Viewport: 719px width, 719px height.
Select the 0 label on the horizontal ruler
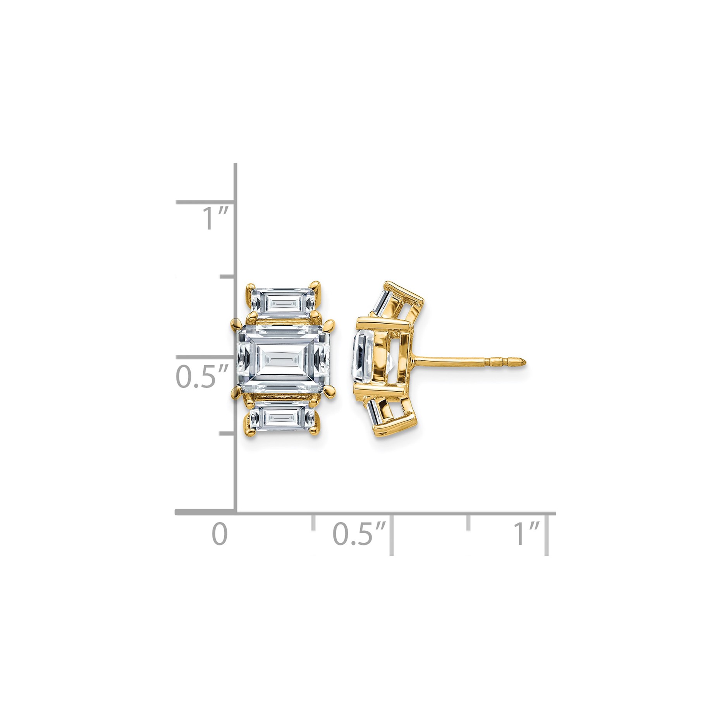click(x=220, y=534)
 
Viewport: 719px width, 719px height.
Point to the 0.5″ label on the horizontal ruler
click(x=359, y=534)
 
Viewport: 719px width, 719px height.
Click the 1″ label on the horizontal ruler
click(x=527, y=534)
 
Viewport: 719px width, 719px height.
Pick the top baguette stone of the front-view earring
click(x=283, y=303)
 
